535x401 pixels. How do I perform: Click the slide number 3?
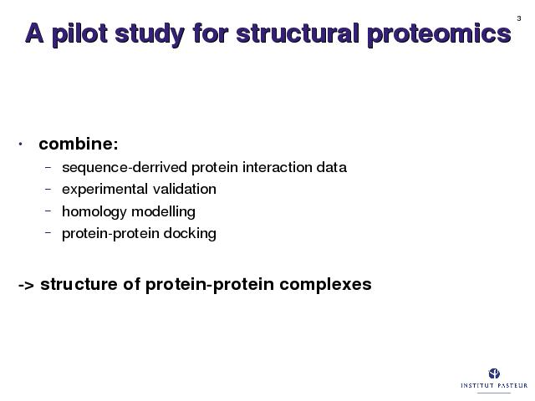519,18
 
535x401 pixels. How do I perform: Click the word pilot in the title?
80,34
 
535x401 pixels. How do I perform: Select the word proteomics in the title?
440,34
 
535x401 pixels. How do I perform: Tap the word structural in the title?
298,33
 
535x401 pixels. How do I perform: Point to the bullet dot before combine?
20,145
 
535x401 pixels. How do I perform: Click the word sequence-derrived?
125,168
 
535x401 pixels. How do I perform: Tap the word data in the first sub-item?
331,167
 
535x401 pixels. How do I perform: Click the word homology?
94,211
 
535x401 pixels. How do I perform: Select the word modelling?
164,211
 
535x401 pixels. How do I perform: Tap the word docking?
190,234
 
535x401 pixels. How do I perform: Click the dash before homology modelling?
48,211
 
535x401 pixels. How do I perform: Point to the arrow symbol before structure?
26,285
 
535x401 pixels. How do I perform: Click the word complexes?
325,285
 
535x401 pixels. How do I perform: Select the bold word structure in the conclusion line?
79,284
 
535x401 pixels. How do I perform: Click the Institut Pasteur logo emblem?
494,373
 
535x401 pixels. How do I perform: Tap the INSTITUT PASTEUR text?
494,385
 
